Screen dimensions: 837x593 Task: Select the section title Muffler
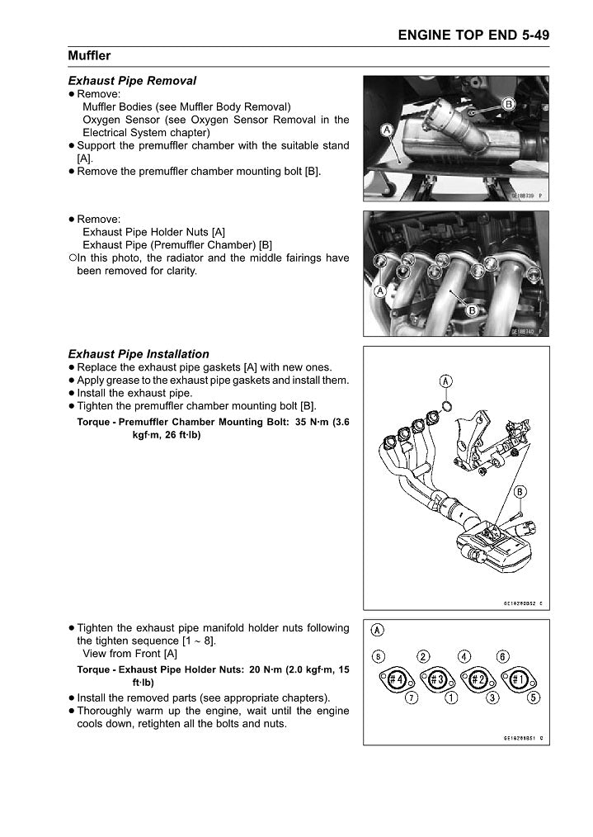(x=89, y=56)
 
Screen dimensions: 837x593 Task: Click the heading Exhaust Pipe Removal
(x=132, y=81)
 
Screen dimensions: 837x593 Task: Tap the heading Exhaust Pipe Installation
(x=138, y=354)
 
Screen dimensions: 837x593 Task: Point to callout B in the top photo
(x=509, y=104)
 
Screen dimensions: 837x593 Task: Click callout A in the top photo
(x=386, y=130)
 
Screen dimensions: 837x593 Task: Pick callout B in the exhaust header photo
(x=473, y=310)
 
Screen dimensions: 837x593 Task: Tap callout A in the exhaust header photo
(x=379, y=291)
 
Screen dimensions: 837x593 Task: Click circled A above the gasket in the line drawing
(x=445, y=381)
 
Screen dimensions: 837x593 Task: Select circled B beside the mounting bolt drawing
(x=520, y=493)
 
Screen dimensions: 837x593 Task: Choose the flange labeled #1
(x=518, y=679)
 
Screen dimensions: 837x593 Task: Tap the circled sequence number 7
(x=412, y=698)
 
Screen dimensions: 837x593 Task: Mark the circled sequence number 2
(x=423, y=656)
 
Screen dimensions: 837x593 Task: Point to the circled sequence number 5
(x=534, y=698)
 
